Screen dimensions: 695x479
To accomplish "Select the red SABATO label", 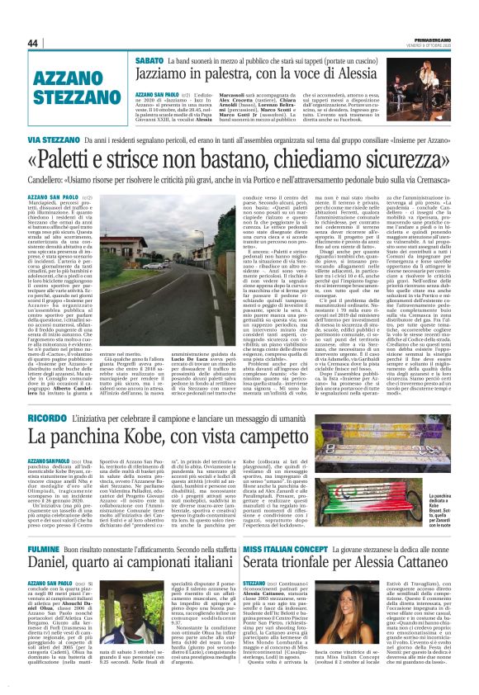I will (150, 60).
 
